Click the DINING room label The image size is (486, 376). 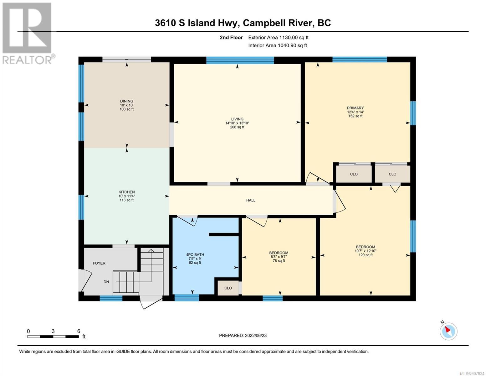pyautogui.click(x=126, y=101)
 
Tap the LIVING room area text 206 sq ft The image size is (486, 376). pyautogui.click(x=237, y=127)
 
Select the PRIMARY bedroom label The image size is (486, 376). pyautogui.click(x=355, y=108)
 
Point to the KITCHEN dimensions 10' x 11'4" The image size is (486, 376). pyautogui.click(x=127, y=196)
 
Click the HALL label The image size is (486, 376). pyautogui.click(x=251, y=200)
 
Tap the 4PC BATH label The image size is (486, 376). pyautogui.click(x=195, y=254)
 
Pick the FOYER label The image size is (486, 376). pyautogui.click(x=99, y=263)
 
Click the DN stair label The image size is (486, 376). pyautogui.click(x=106, y=282)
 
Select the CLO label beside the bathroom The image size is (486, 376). pyautogui.click(x=228, y=288)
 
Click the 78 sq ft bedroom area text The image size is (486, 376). pyautogui.click(x=279, y=261)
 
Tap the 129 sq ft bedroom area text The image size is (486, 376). pyautogui.click(x=366, y=255)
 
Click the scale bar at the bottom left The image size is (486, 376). pyautogui.click(x=53, y=336)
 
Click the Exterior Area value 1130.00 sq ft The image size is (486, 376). pyautogui.click(x=293, y=37)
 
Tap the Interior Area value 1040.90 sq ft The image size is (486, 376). pyautogui.click(x=292, y=45)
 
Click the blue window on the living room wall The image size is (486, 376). pyautogui.click(x=240, y=60)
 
